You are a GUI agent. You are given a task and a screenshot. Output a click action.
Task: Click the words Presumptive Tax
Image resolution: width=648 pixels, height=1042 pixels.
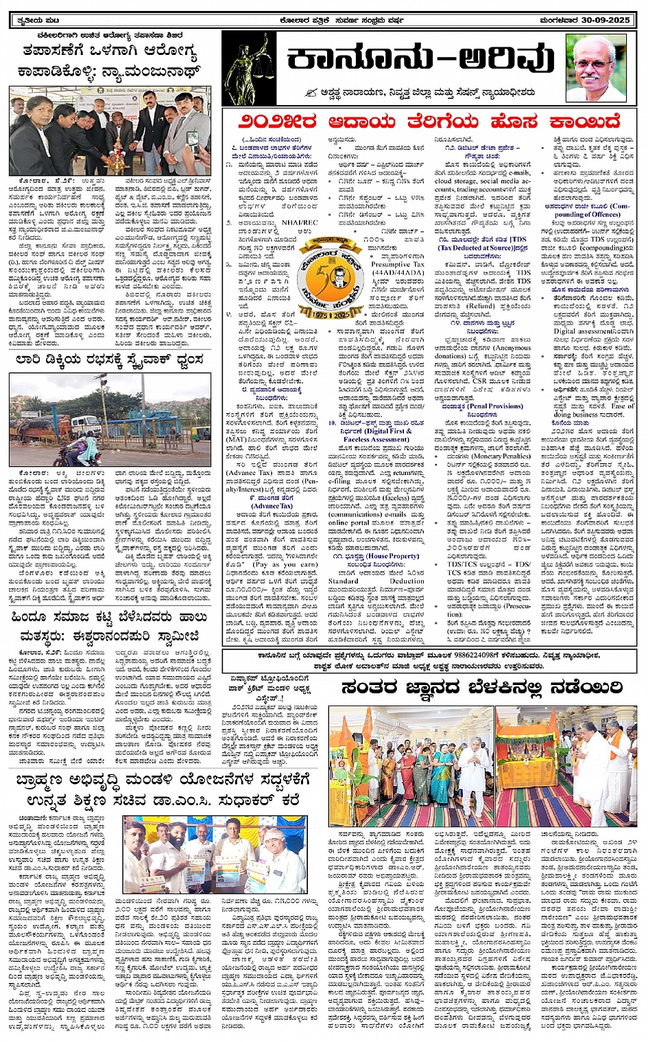(398, 264)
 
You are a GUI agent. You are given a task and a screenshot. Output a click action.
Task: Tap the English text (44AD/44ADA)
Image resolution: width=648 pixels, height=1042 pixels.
(398, 272)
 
